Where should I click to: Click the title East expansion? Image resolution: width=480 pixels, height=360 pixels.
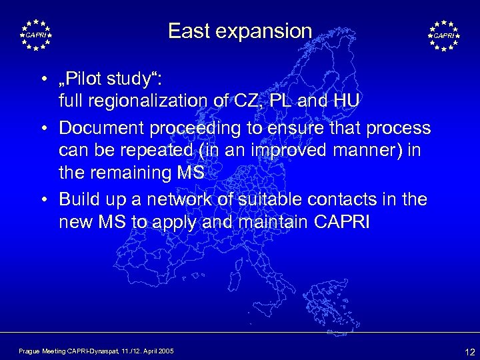(x=240, y=31)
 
